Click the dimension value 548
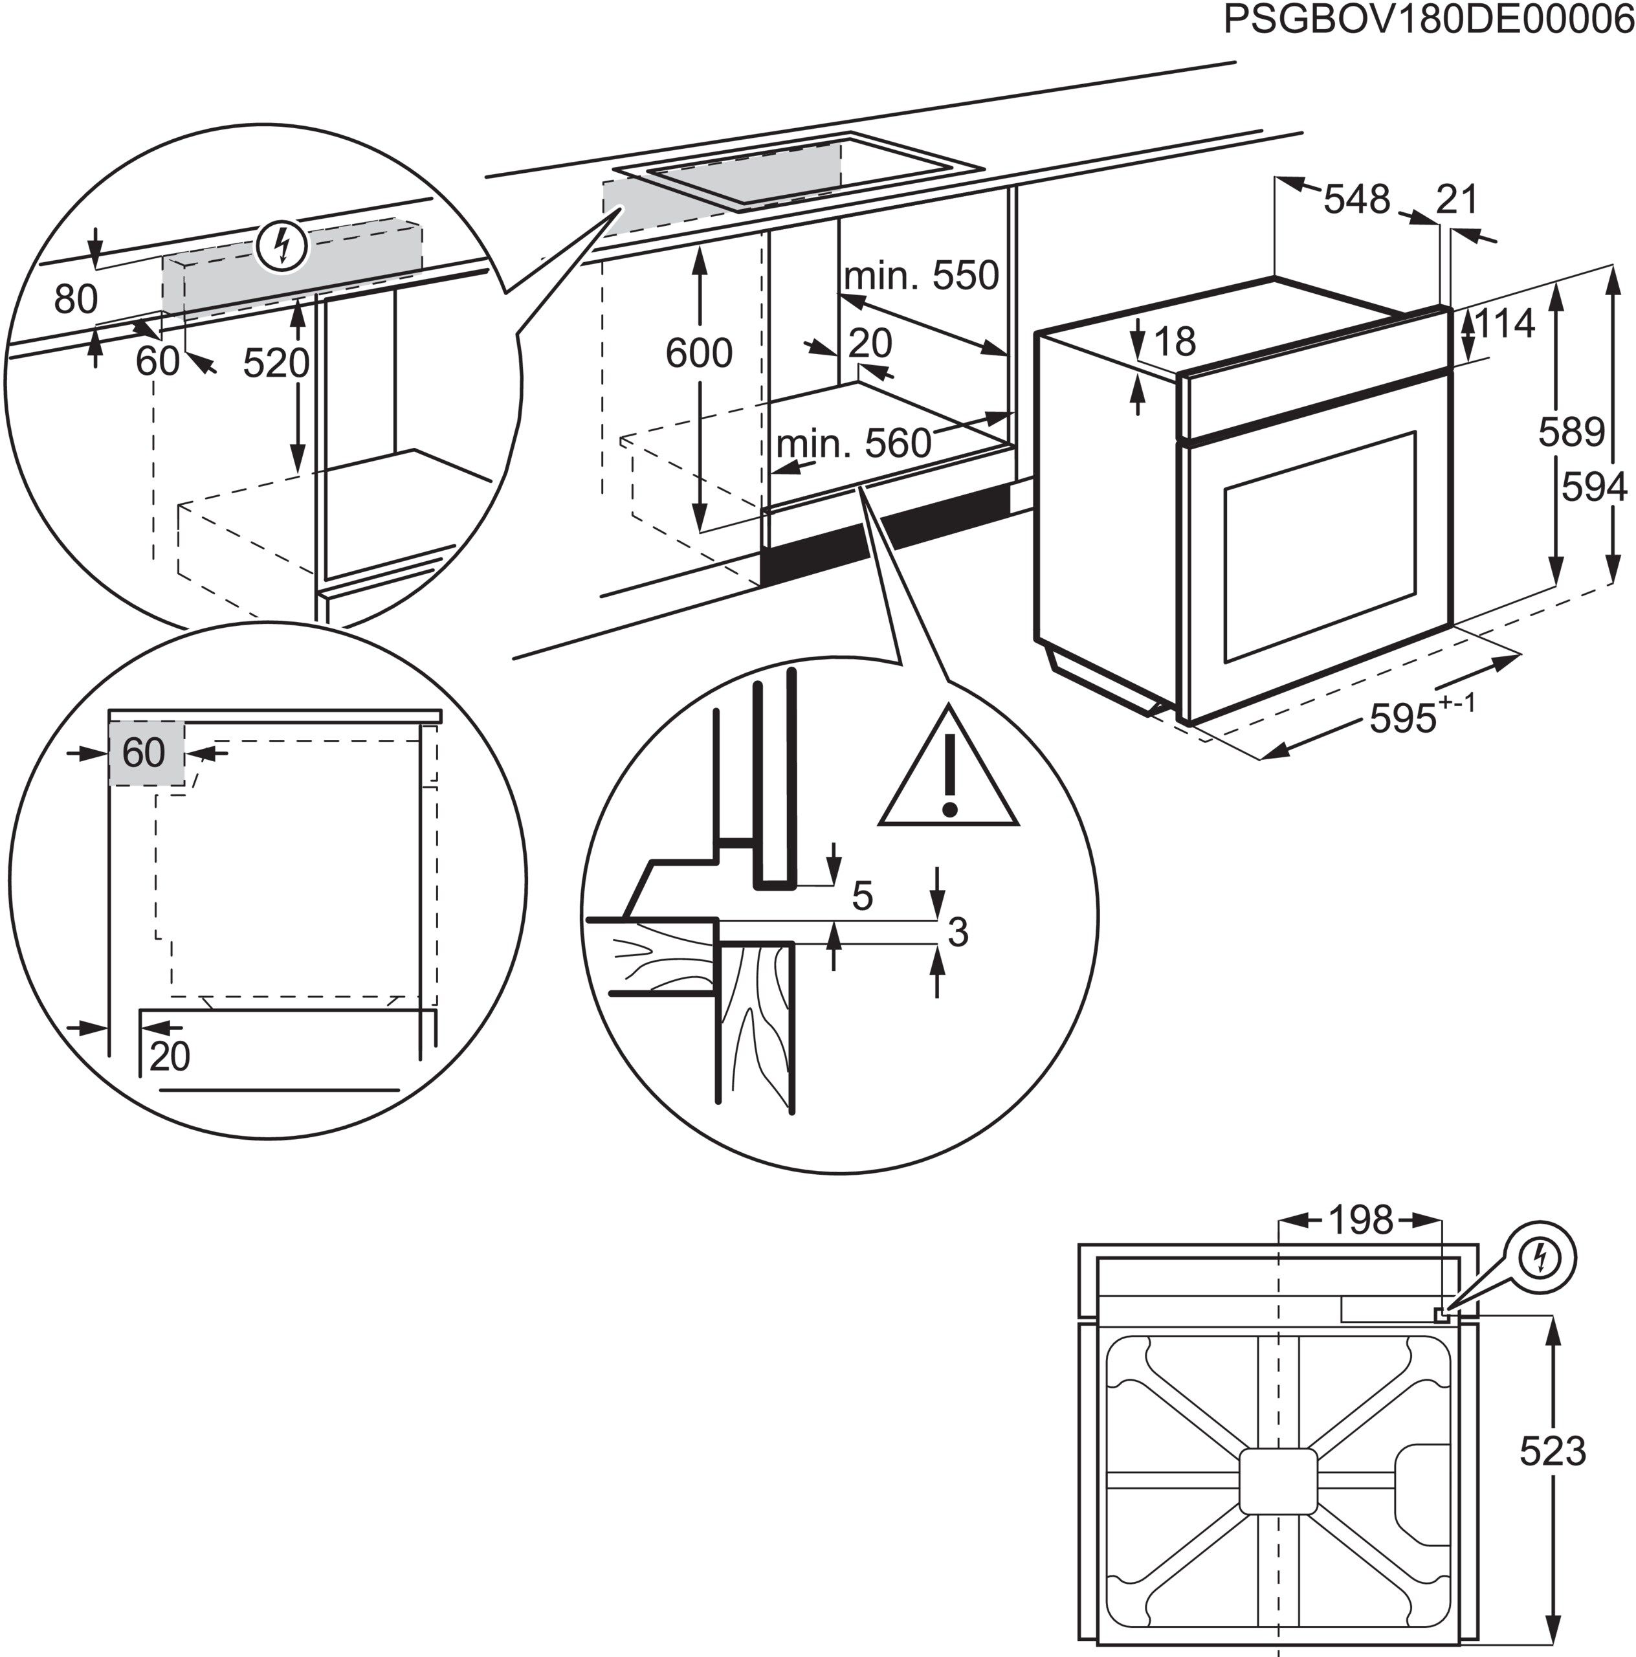click(1356, 200)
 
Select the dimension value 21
click(1457, 200)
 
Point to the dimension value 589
click(1571, 432)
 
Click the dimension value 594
click(1594, 487)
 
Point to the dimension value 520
click(275, 362)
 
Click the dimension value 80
click(76, 299)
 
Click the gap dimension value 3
click(958, 932)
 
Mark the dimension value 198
click(1361, 1219)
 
